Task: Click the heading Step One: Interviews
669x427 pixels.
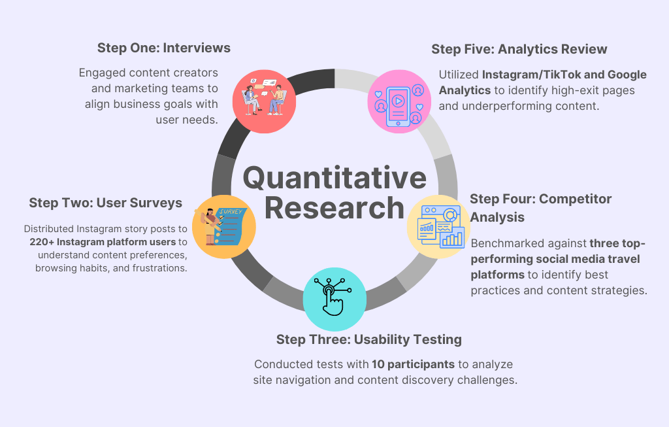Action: pos(163,48)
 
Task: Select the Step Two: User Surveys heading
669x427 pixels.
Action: pos(105,203)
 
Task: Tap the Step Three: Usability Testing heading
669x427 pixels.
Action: pos(368,339)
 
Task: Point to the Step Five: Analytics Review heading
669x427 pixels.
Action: pos(519,49)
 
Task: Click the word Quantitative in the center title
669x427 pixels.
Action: pos(334,178)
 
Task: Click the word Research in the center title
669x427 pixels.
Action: pos(334,207)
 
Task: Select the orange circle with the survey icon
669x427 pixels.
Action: pos(224,226)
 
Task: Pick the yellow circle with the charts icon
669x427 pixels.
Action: pos(439,226)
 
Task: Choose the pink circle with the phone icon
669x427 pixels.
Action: pos(399,100)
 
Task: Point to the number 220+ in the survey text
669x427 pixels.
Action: pos(42,242)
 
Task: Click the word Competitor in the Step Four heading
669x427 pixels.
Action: pos(574,199)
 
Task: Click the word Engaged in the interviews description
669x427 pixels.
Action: pos(99,73)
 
